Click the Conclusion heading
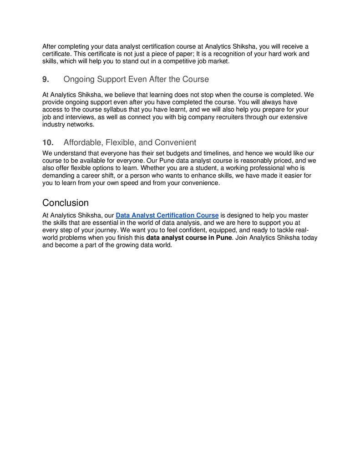tap(65, 203)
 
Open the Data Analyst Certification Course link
tap(167, 215)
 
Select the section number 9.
tap(46, 80)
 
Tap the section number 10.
tap(48, 142)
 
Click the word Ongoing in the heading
tap(79, 80)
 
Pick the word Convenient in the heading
tap(175, 142)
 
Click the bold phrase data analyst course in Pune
tap(189, 238)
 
